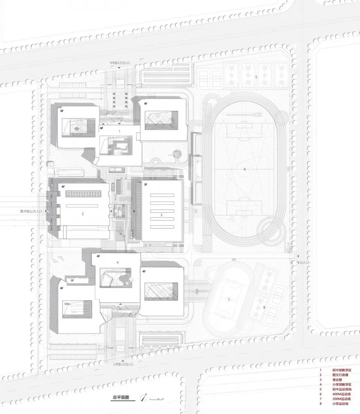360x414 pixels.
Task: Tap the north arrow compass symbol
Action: click(x=143, y=397)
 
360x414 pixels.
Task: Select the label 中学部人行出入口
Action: click(x=120, y=63)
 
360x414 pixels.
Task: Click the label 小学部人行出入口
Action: click(x=123, y=364)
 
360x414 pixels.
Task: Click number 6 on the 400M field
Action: click(x=244, y=169)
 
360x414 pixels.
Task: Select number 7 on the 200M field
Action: click(x=228, y=300)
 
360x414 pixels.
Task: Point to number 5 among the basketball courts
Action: click(x=256, y=77)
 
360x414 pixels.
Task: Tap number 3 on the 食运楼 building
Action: click(x=161, y=215)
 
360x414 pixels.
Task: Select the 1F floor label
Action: click(x=72, y=280)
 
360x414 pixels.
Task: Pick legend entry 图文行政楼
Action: click(x=340, y=375)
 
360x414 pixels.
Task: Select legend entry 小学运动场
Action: click(x=340, y=403)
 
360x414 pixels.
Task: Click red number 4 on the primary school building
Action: click(x=117, y=262)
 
